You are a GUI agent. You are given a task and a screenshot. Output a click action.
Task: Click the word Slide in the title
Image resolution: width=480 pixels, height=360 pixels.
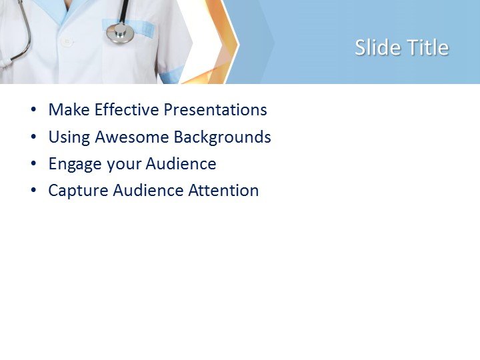coord(375,47)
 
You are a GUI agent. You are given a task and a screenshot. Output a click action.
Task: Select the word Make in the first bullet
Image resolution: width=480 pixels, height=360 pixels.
coord(67,110)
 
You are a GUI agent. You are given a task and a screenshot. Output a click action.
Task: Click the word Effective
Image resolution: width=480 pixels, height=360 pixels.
coord(124,110)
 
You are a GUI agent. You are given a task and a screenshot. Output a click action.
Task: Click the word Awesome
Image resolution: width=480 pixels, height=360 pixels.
coord(132,137)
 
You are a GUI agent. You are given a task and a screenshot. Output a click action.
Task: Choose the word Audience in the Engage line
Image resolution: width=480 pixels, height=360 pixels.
coord(181,164)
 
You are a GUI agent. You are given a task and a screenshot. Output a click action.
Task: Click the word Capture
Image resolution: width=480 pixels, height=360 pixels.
coord(78,191)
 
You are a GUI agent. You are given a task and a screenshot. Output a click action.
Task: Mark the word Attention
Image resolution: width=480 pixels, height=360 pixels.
coord(223,191)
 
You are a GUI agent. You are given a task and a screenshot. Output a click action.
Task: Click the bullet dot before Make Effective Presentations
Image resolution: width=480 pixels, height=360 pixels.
coord(34,111)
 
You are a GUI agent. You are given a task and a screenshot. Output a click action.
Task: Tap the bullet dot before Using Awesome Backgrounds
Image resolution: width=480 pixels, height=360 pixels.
coord(34,138)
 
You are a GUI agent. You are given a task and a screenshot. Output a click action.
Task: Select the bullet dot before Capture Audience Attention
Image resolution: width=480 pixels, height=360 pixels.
coord(34,191)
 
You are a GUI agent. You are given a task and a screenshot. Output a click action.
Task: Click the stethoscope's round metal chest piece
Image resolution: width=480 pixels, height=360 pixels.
coord(121,33)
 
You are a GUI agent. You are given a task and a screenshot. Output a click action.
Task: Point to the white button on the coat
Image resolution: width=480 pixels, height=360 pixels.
coord(66,41)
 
